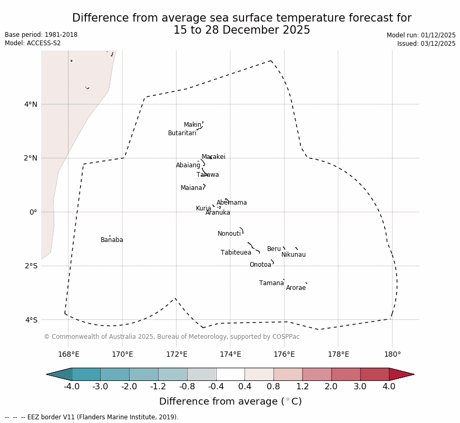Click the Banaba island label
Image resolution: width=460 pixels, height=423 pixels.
pyautogui.click(x=112, y=240)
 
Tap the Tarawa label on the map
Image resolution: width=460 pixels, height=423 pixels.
pyautogui.click(x=208, y=175)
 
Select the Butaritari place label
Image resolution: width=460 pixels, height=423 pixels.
pyautogui.click(x=182, y=134)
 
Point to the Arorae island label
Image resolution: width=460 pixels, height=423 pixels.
pyautogui.click(x=296, y=288)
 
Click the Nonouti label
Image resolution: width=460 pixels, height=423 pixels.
pyautogui.click(x=229, y=234)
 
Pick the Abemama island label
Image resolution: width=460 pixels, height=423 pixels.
pyautogui.click(x=231, y=203)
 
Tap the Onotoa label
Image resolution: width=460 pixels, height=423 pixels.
pyautogui.click(x=260, y=265)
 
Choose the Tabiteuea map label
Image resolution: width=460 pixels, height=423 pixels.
pyautogui.click(x=236, y=253)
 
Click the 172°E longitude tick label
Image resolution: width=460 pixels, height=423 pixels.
pyautogui.click(x=177, y=355)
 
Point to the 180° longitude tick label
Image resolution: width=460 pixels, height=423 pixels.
pyautogui.click(x=392, y=355)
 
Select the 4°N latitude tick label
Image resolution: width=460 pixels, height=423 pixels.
pyautogui.click(x=31, y=104)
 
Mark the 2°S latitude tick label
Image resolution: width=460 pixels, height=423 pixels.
pyautogui.click(x=31, y=266)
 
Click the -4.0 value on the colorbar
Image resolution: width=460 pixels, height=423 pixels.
pyautogui.click(x=72, y=387)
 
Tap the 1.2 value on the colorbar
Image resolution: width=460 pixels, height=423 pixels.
pyautogui.click(x=302, y=387)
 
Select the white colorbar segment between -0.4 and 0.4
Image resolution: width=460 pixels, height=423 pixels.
pyautogui.click(x=230, y=374)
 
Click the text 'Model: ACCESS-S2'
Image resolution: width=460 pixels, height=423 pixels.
pyautogui.click(x=33, y=43)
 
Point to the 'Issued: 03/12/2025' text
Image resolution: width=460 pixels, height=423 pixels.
pyautogui.click(x=426, y=44)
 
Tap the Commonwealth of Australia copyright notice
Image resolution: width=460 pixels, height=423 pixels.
pyautogui.click(x=171, y=337)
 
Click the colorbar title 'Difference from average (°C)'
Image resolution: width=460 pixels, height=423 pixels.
pyautogui.click(x=230, y=402)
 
